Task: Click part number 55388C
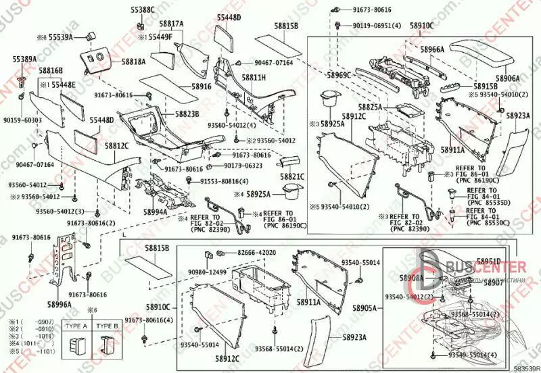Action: (142, 9)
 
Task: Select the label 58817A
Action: (171, 24)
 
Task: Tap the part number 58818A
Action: (133, 61)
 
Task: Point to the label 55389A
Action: (24, 59)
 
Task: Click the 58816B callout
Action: (50, 70)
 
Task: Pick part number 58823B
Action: (187, 114)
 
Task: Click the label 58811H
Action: (254, 78)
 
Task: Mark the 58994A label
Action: (155, 212)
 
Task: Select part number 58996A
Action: (59, 305)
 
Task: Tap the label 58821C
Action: (293, 176)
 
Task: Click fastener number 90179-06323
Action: (243, 166)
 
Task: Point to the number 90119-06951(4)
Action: (377, 25)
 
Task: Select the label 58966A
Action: (431, 49)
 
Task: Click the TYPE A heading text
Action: (76, 326)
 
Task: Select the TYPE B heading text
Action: (106, 326)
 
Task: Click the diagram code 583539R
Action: (524, 368)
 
